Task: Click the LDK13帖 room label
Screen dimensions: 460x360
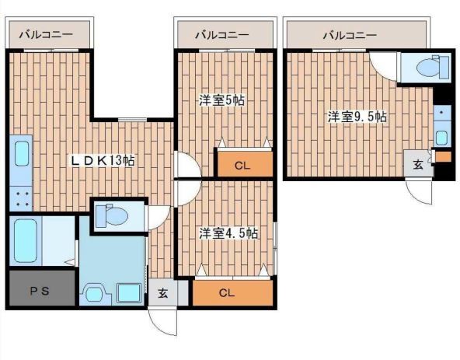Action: (x=102, y=160)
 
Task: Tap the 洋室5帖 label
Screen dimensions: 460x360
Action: (x=221, y=100)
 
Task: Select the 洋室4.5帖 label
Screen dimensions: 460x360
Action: (x=228, y=233)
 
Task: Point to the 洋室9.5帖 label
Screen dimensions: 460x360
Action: (x=357, y=117)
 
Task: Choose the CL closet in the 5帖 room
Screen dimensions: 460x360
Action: (x=245, y=164)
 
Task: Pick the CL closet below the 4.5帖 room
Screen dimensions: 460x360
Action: (x=232, y=292)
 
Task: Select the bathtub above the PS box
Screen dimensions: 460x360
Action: (x=26, y=241)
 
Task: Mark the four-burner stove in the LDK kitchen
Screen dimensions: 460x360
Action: (x=21, y=199)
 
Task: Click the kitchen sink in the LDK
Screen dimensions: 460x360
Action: (x=22, y=154)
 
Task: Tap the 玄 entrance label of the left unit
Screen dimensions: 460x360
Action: (x=163, y=292)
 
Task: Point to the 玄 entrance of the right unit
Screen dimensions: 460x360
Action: (x=418, y=164)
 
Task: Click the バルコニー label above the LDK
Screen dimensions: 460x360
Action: (x=46, y=34)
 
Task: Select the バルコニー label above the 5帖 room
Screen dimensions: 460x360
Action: (x=222, y=35)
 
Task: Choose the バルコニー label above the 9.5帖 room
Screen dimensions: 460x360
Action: (x=350, y=35)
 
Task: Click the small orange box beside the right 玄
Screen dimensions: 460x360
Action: (x=443, y=156)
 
